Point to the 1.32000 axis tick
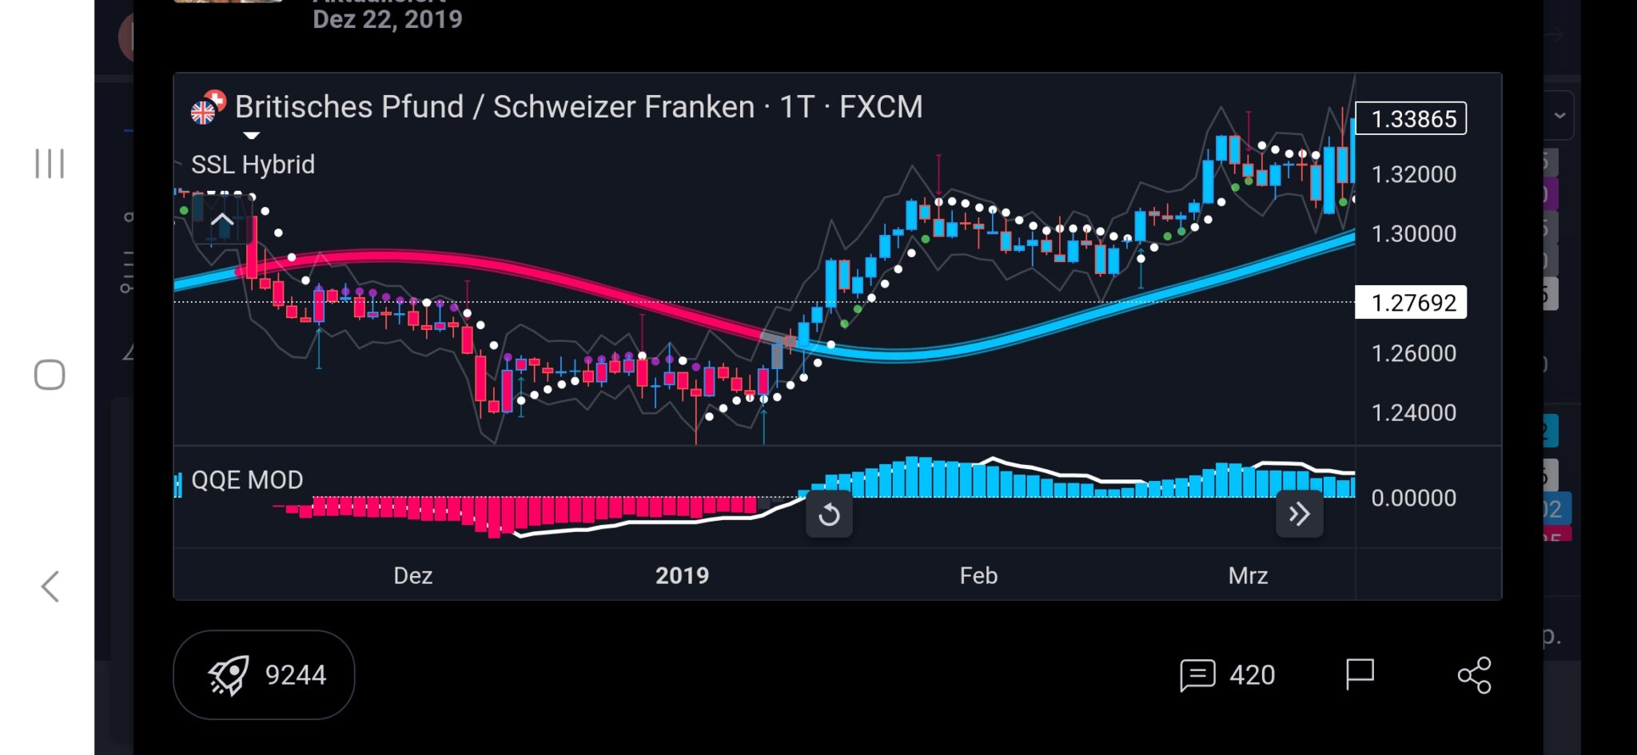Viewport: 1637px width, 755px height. (1413, 174)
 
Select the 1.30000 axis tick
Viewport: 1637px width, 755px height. (1413, 234)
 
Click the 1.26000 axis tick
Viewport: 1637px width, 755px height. (1413, 353)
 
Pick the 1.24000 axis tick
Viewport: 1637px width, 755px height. (1413, 413)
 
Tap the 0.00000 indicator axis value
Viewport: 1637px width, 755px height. (1413, 499)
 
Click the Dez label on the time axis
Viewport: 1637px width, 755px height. (413, 576)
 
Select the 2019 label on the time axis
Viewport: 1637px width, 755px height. (682, 576)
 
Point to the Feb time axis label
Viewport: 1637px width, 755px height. (978, 576)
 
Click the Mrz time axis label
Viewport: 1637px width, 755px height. (1248, 576)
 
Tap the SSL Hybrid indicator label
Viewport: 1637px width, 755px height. (253, 165)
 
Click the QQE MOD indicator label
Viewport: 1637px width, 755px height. (247, 480)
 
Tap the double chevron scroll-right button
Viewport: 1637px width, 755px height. (1299, 514)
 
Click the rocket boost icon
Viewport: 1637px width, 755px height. (229, 676)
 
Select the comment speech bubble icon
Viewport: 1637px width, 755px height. (1197, 675)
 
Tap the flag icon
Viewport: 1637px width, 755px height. (1359, 674)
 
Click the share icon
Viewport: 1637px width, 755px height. (1474, 675)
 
